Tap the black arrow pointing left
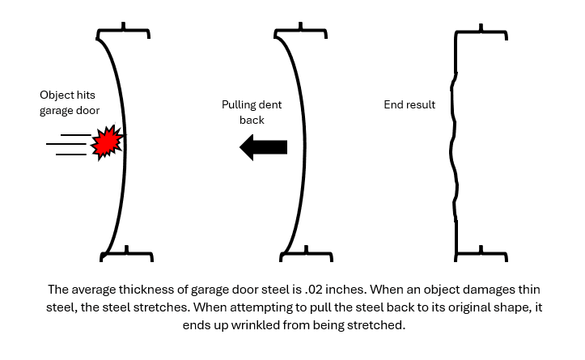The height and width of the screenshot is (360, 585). pos(264,146)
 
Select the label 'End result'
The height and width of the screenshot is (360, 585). pos(409,104)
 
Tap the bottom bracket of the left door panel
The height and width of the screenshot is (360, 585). pos(125,255)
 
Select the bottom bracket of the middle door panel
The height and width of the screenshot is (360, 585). pos(303,255)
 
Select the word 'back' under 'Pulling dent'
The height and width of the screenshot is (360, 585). pos(252,121)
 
